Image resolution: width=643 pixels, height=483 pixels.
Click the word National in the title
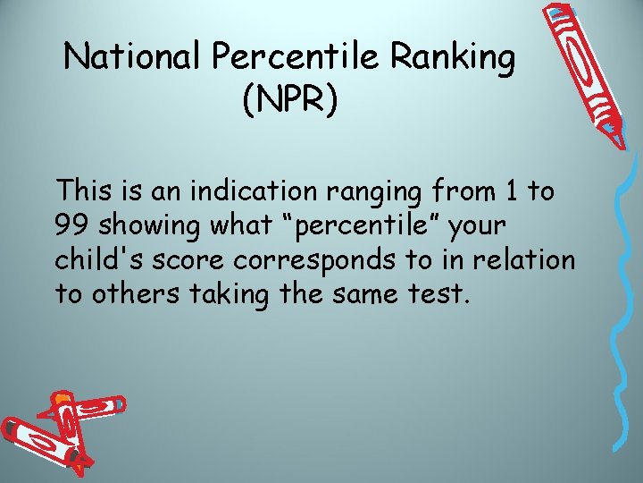point(135,58)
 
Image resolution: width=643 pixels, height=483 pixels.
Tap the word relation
point(529,259)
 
